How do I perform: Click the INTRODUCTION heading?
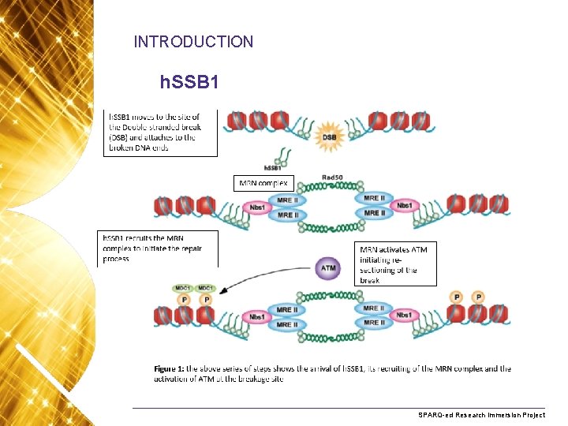pyautogui.click(x=193, y=42)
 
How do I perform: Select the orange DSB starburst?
pyautogui.click(x=330, y=137)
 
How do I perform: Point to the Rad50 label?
pyautogui.click(x=331, y=177)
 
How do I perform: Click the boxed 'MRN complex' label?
pyautogui.click(x=264, y=183)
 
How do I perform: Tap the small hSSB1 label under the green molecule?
pyautogui.click(x=274, y=168)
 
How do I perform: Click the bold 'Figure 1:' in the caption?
pyautogui.click(x=169, y=368)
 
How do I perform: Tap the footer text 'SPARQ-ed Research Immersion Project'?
pyautogui.click(x=482, y=414)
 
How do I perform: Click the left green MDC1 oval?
pyautogui.click(x=183, y=289)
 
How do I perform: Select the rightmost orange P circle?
pyautogui.click(x=478, y=297)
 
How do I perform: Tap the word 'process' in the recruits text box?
pyautogui.click(x=117, y=258)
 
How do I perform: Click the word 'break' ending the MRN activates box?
pyautogui.click(x=370, y=280)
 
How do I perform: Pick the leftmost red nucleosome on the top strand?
pyautogui.click(x=236, y=121)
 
